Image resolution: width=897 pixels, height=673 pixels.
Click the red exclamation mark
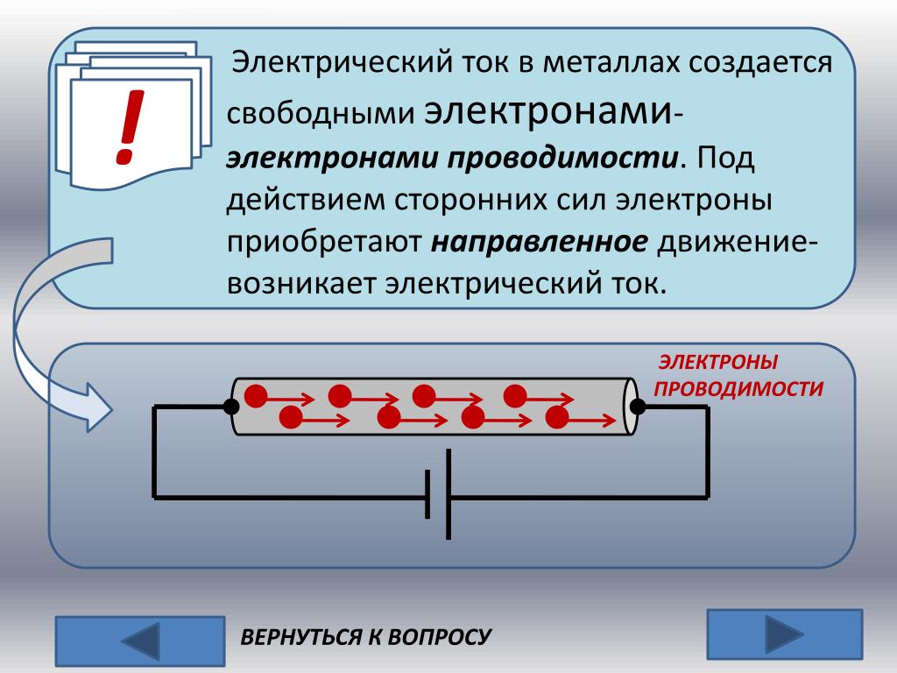pyautogui.click(x=129, y=128)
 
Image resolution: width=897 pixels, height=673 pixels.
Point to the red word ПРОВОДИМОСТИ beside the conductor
pyautogui.click(x=738, y=389)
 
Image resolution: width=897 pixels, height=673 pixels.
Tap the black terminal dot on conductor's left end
pyautogui.click(x=231, y=407)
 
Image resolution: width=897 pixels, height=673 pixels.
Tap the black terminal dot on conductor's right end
pyautogui.click(x=638, y=407)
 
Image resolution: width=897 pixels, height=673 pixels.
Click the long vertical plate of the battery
pyautogui.click(x=448, y=494)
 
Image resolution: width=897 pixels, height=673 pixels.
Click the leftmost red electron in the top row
pyautogui.click(x=255, y=396)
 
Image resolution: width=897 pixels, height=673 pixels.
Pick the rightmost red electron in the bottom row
pyautogui.click(x=556, y=418)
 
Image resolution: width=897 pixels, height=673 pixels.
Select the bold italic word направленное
pyautogui.click(x=539, y=241)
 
